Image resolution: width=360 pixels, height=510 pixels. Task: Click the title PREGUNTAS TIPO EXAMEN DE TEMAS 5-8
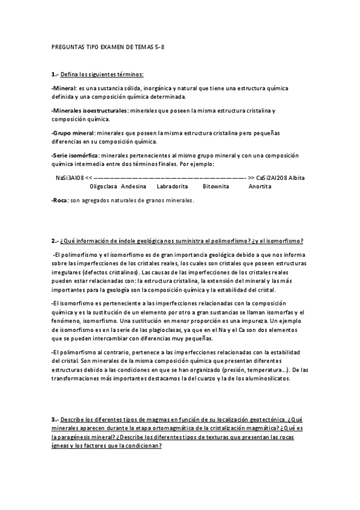click(x=100, y=46)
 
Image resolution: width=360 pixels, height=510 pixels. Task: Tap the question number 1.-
click(x=55, y=74)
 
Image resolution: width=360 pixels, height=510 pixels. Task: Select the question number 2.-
click(x=55, y=241)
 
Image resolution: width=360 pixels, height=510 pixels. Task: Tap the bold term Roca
click(x=59, y=201)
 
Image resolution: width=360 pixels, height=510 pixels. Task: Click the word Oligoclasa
click(x=103, y=186)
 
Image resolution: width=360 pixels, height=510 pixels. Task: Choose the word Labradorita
click(x=172, y=186)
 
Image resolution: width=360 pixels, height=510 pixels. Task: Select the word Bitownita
click(x=216, y=186)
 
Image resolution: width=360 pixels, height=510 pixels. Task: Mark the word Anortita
click(x=260, y=186)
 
